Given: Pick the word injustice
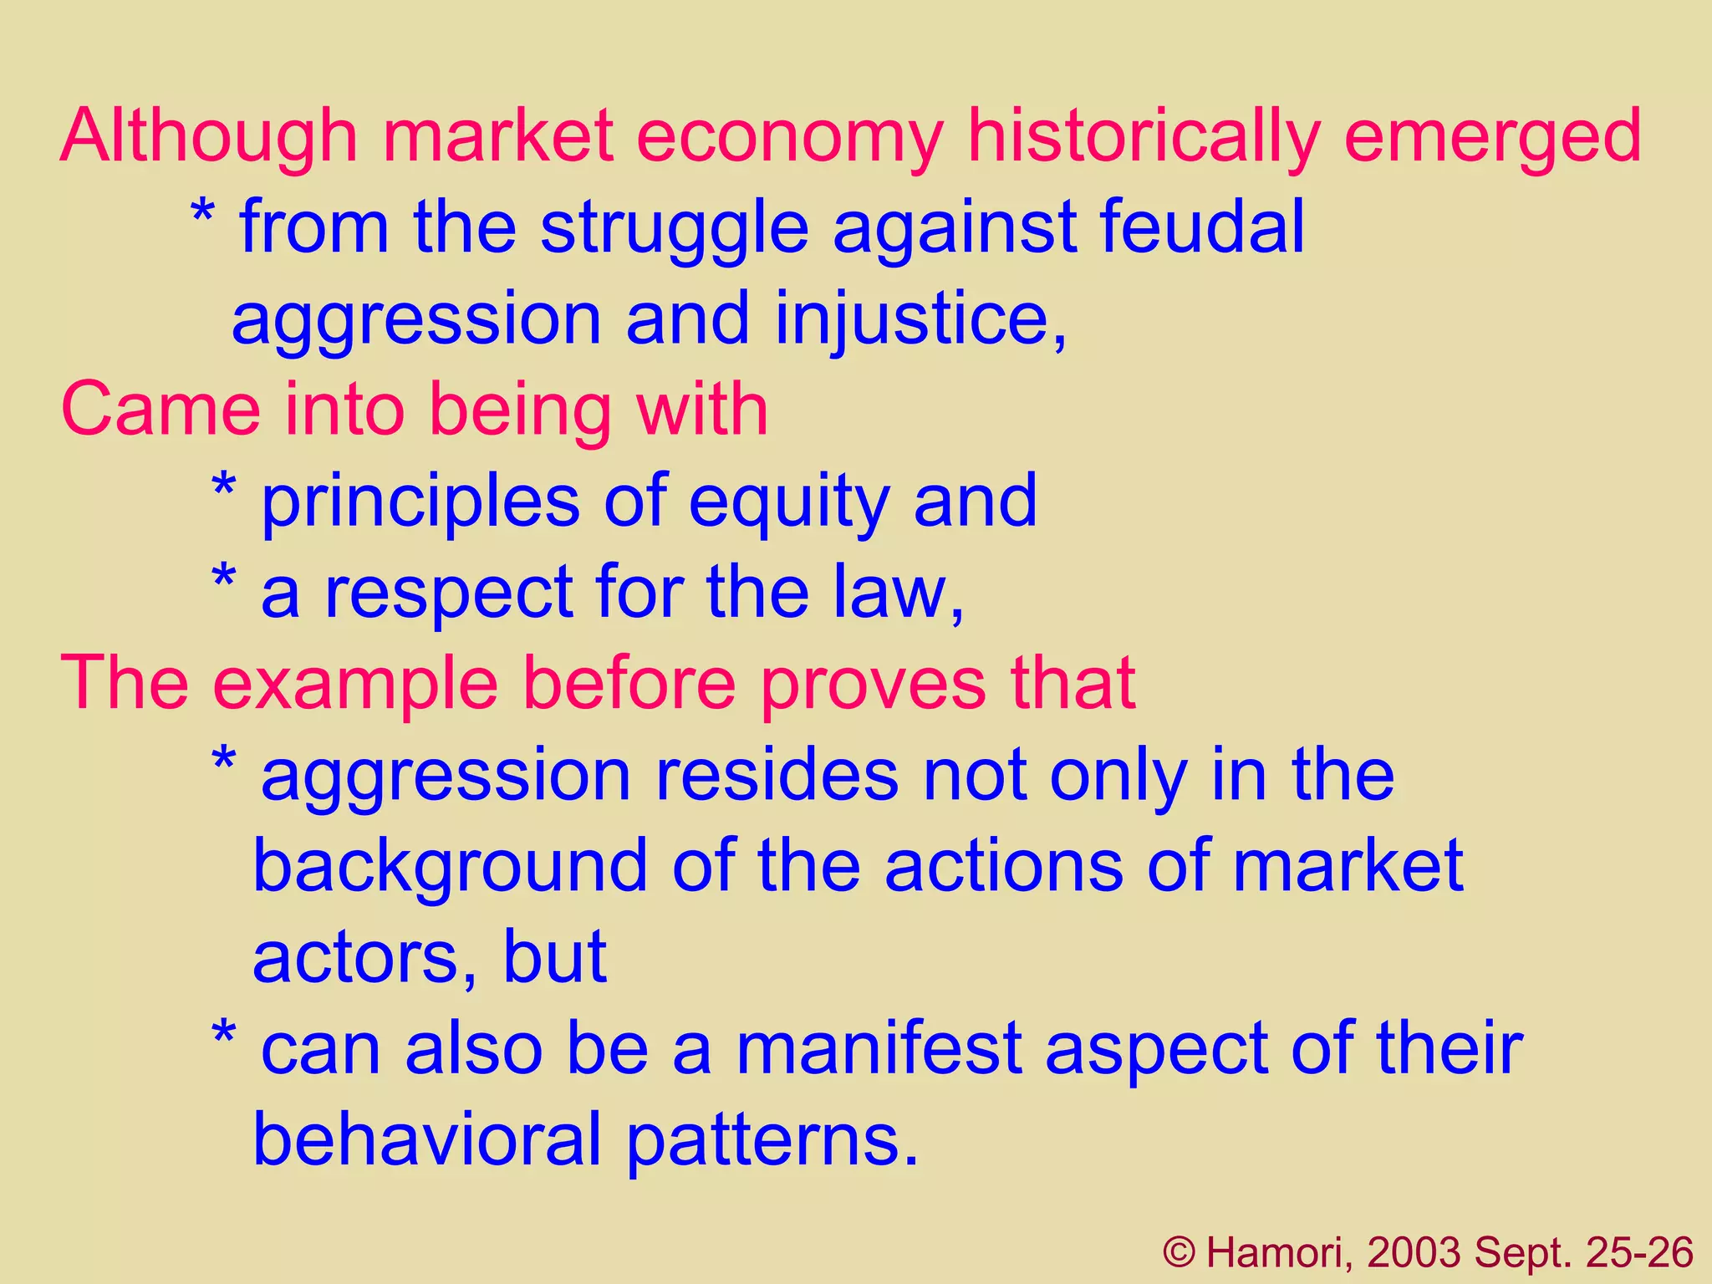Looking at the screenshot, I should click(920, 320).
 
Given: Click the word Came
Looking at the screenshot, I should click(160, 410).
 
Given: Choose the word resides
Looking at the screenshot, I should click(777, 776).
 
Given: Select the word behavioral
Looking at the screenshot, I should click(427, 1139).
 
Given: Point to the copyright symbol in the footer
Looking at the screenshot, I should click(1180, 1253).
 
